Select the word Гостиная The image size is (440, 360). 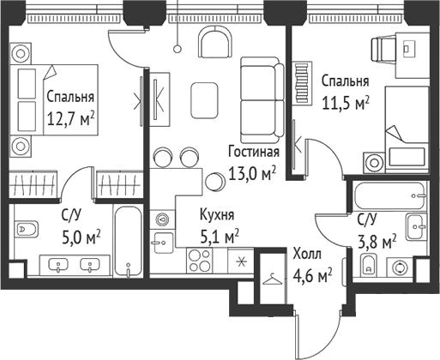253,153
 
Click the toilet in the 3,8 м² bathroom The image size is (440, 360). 369,265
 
